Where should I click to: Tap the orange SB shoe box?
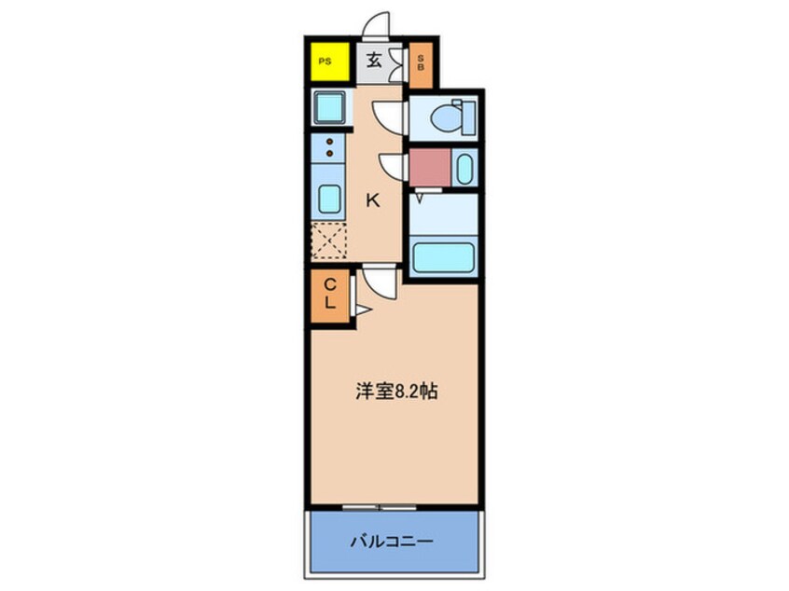click(421, 64)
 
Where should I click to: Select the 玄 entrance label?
click(373, 62)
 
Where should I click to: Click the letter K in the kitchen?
click(372, 199)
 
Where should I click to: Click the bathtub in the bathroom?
click(443, 257)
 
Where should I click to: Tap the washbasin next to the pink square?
click(464, 169)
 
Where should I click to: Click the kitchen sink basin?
click(328, 199)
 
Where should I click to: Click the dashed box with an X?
click(328, 240)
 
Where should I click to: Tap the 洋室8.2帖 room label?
click(395, 392)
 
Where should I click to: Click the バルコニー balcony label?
click(393, 540)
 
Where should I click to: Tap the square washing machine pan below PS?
click(328, 107)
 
